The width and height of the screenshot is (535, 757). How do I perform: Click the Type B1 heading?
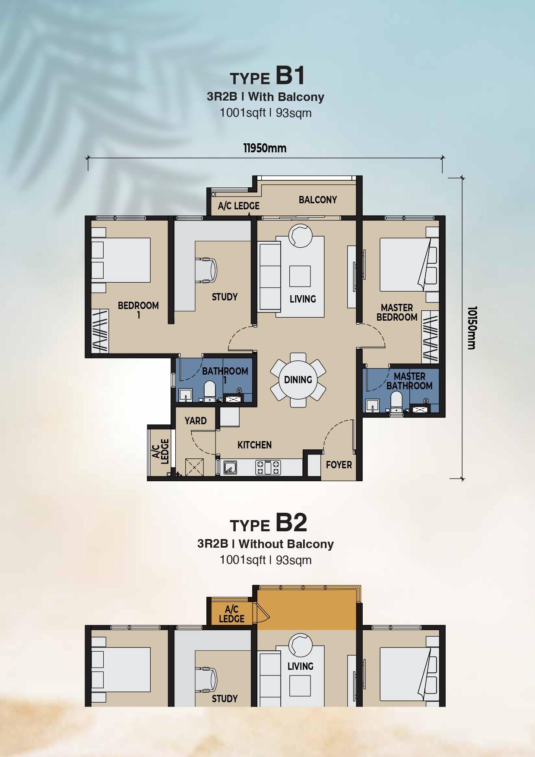(268, 76)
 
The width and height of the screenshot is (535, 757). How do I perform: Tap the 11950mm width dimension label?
(265, 148)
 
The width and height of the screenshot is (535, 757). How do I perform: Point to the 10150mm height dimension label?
(472, 328)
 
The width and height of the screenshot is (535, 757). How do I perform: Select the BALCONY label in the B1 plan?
(318, 200)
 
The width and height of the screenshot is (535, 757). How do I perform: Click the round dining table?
(298, 380)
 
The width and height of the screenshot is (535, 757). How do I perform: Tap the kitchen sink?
(230, 467)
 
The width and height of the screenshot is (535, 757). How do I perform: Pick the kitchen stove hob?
(268, 467)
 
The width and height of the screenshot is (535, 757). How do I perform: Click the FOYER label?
(339, 465)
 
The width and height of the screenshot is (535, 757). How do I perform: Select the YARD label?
(196, 421)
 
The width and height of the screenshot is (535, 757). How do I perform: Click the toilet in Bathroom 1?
(209, 391)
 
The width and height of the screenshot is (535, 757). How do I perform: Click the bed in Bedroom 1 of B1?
(121, 260)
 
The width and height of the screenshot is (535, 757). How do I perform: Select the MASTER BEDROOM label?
(397, 312)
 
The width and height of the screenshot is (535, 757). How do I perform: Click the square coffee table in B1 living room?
(300, 276)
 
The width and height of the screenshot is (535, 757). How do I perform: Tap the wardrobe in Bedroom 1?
(100, 331)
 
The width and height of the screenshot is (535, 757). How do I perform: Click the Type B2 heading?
(268, 523)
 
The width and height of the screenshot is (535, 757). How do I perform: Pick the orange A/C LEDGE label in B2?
(231, 614)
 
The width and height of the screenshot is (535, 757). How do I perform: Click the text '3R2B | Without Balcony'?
(266, 544)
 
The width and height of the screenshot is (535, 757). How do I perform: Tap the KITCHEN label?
(254, 445)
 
